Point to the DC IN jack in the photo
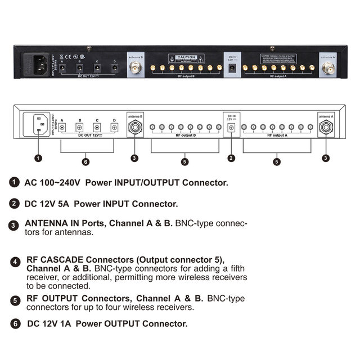point(231,68)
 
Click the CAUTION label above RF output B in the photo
point(186,57)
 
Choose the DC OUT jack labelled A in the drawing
point(62,128)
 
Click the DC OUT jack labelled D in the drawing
point(114,128)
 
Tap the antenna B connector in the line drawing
point(134,128)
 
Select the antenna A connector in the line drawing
point(326,128)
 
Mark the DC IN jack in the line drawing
point(231,128)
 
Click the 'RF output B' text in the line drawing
point(185,136)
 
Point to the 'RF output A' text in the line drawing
point(276,136)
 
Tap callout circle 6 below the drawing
point(85,162)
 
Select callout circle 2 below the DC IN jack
point(231,158)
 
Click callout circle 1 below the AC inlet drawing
point(38,158)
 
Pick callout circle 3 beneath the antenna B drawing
point(134,158)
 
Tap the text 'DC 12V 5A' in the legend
point(47,204)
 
